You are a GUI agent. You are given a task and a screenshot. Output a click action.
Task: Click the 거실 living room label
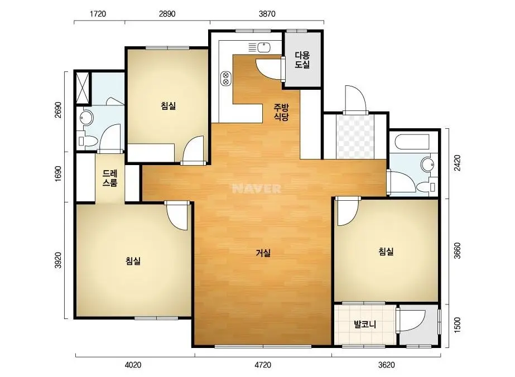point(263,253)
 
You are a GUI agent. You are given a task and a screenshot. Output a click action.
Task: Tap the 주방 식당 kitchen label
point(281,112)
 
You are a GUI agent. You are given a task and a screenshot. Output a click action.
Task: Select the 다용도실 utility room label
point(302,60)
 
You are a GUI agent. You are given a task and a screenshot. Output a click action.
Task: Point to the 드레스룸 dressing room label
point(110,178)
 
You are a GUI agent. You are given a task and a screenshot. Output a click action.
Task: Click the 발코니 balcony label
point(365,325)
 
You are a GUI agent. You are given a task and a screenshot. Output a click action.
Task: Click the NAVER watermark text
point(257,188)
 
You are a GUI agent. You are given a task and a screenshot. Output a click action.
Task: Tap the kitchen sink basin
point(264,47)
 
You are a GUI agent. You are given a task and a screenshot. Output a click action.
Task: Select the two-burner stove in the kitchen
point(225,79)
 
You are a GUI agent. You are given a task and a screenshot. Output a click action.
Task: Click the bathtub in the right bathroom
point(412,142)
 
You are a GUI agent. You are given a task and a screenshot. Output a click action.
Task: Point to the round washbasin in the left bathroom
point(86,118)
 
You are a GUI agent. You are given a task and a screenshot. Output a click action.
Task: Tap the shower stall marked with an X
point(83,88)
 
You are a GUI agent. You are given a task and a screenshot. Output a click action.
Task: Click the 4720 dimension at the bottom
point(263,365)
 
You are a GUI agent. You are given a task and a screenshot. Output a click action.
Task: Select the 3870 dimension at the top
point(267,14)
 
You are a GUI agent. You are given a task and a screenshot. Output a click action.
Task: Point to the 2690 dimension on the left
point(58,110)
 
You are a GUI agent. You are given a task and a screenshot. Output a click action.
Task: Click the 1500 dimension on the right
point(457,325)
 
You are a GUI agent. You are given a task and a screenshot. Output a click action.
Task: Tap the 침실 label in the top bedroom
point(168,106)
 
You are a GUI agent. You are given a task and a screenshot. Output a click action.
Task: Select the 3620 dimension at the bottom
point(386,365)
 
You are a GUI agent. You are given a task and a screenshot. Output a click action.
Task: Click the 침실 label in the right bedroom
point(386,252)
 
